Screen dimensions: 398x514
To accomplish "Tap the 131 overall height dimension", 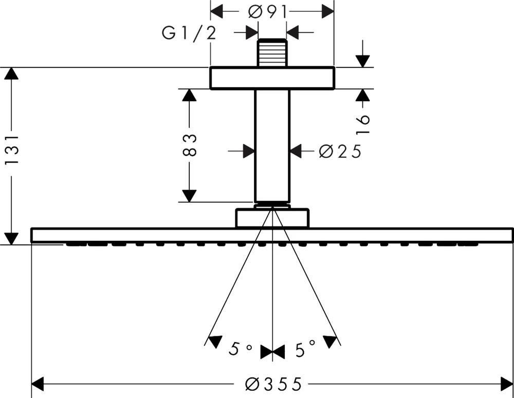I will coord(11,150).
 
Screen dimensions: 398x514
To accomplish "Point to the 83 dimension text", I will coord(190,145).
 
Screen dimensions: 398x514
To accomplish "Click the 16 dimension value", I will coord(363,125).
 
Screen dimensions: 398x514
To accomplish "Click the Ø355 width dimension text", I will coord(273,384).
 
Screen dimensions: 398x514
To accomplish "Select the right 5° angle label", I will coord(305,350).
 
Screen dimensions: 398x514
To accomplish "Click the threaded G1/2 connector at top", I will coord(272,52).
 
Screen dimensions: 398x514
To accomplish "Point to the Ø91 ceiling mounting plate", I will coord(272,78).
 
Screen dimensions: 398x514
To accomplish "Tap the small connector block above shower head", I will coord(272,218).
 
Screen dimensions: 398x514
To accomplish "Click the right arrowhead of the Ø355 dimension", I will coord(507,384).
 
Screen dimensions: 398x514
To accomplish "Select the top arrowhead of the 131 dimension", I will coord(11,73).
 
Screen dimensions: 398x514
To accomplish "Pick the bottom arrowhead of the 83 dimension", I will coord(190,196).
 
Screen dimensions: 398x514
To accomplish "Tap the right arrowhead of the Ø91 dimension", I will coord(328,11).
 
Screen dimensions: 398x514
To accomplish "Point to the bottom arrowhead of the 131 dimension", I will coord(11,238).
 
